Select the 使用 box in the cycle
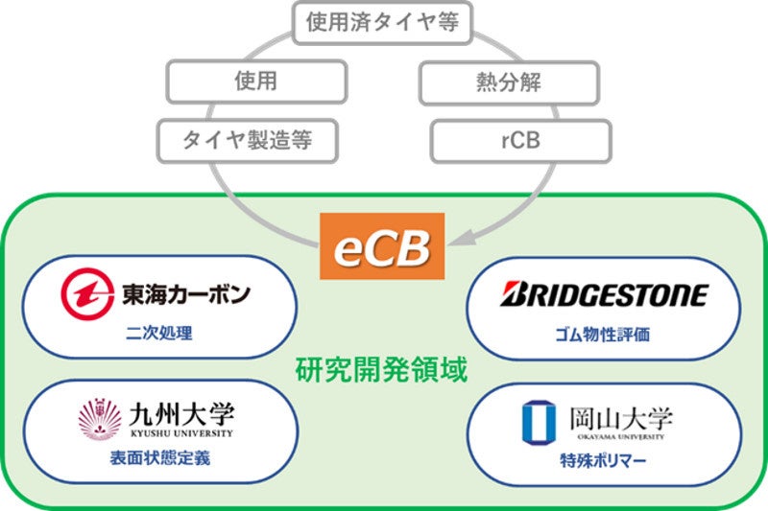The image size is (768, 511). click(x=255, y=82)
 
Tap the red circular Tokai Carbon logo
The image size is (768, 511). click(x=87, y=295)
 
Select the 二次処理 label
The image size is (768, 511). click(x=158, y=336)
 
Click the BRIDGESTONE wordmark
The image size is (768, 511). click(x=604, y=294)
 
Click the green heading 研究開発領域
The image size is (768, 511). click(x=381, y=370)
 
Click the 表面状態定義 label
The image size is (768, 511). click(x=158, y=458)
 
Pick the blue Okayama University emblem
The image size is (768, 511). click(x=534, y=422)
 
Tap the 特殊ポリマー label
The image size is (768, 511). click(x=603, y=460)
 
